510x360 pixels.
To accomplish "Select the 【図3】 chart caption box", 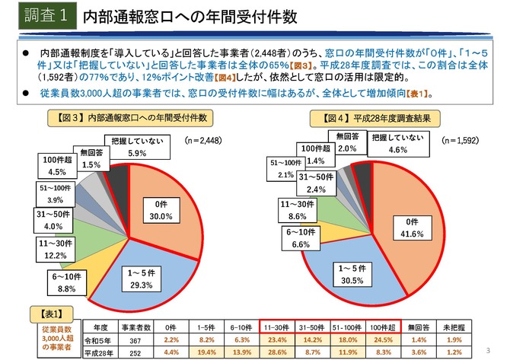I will pyautogui.click(x=130, y=119).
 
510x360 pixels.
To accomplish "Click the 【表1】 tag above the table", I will pyautogui.click(x=44, y=312).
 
